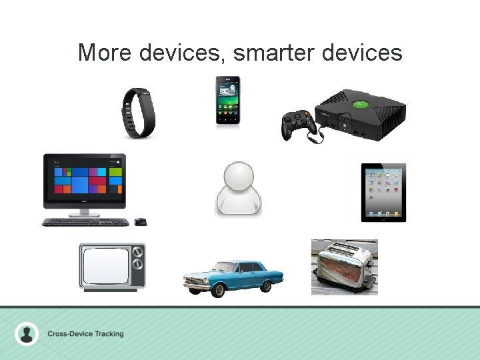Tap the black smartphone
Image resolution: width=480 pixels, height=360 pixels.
click(227, 100)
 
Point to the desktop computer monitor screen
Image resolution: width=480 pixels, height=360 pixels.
click(84, 176)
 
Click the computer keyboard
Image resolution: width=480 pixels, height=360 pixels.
click(85, 222)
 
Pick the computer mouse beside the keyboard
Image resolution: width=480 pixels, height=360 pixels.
click(140, 221)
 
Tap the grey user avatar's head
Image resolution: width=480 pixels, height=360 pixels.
click(238, 178)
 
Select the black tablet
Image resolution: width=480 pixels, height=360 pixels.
click(383, 192)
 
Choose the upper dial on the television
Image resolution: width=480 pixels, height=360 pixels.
click(138, 253)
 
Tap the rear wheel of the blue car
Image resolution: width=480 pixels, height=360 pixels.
click(267, 286)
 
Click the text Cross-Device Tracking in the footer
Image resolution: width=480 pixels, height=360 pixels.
click(85, 333)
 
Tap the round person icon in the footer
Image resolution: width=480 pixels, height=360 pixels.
click(27, 333)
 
